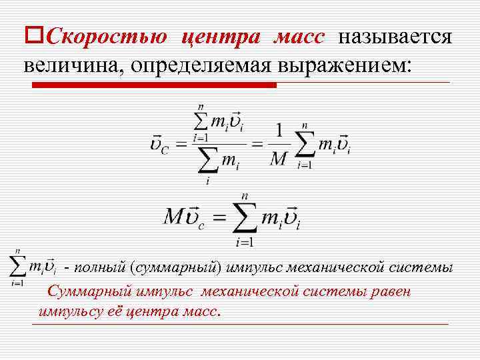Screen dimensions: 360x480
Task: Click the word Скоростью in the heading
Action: click(107, 35)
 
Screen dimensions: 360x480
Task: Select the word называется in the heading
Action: click(395, 35)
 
